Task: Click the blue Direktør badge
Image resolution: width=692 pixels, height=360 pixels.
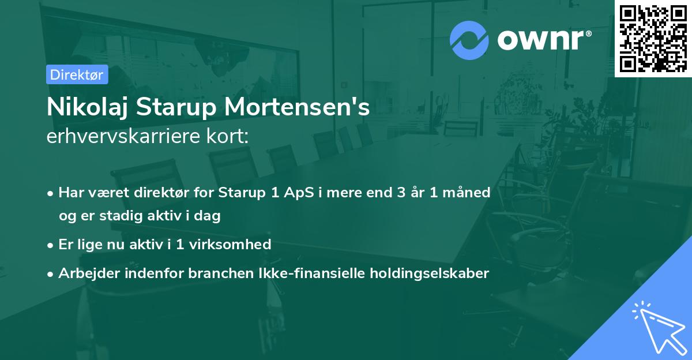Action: (x=77, y=74)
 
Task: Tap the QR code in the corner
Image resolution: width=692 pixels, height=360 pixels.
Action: (x=653, y=39)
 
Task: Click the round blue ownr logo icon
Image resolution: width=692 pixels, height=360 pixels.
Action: (x=469, y=40)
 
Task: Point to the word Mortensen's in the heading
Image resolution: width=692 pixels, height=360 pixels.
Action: (x=297, y=107)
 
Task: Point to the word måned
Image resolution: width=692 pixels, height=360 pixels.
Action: (x=467, y=192)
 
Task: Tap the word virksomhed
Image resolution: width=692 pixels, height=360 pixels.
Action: (x=230, y=244)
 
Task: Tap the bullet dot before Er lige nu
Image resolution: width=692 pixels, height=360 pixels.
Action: (x=50, y=246)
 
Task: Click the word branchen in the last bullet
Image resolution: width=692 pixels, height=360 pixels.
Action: (x=221, y=273)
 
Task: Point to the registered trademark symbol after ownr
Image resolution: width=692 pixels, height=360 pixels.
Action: (x=589, y=33)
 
